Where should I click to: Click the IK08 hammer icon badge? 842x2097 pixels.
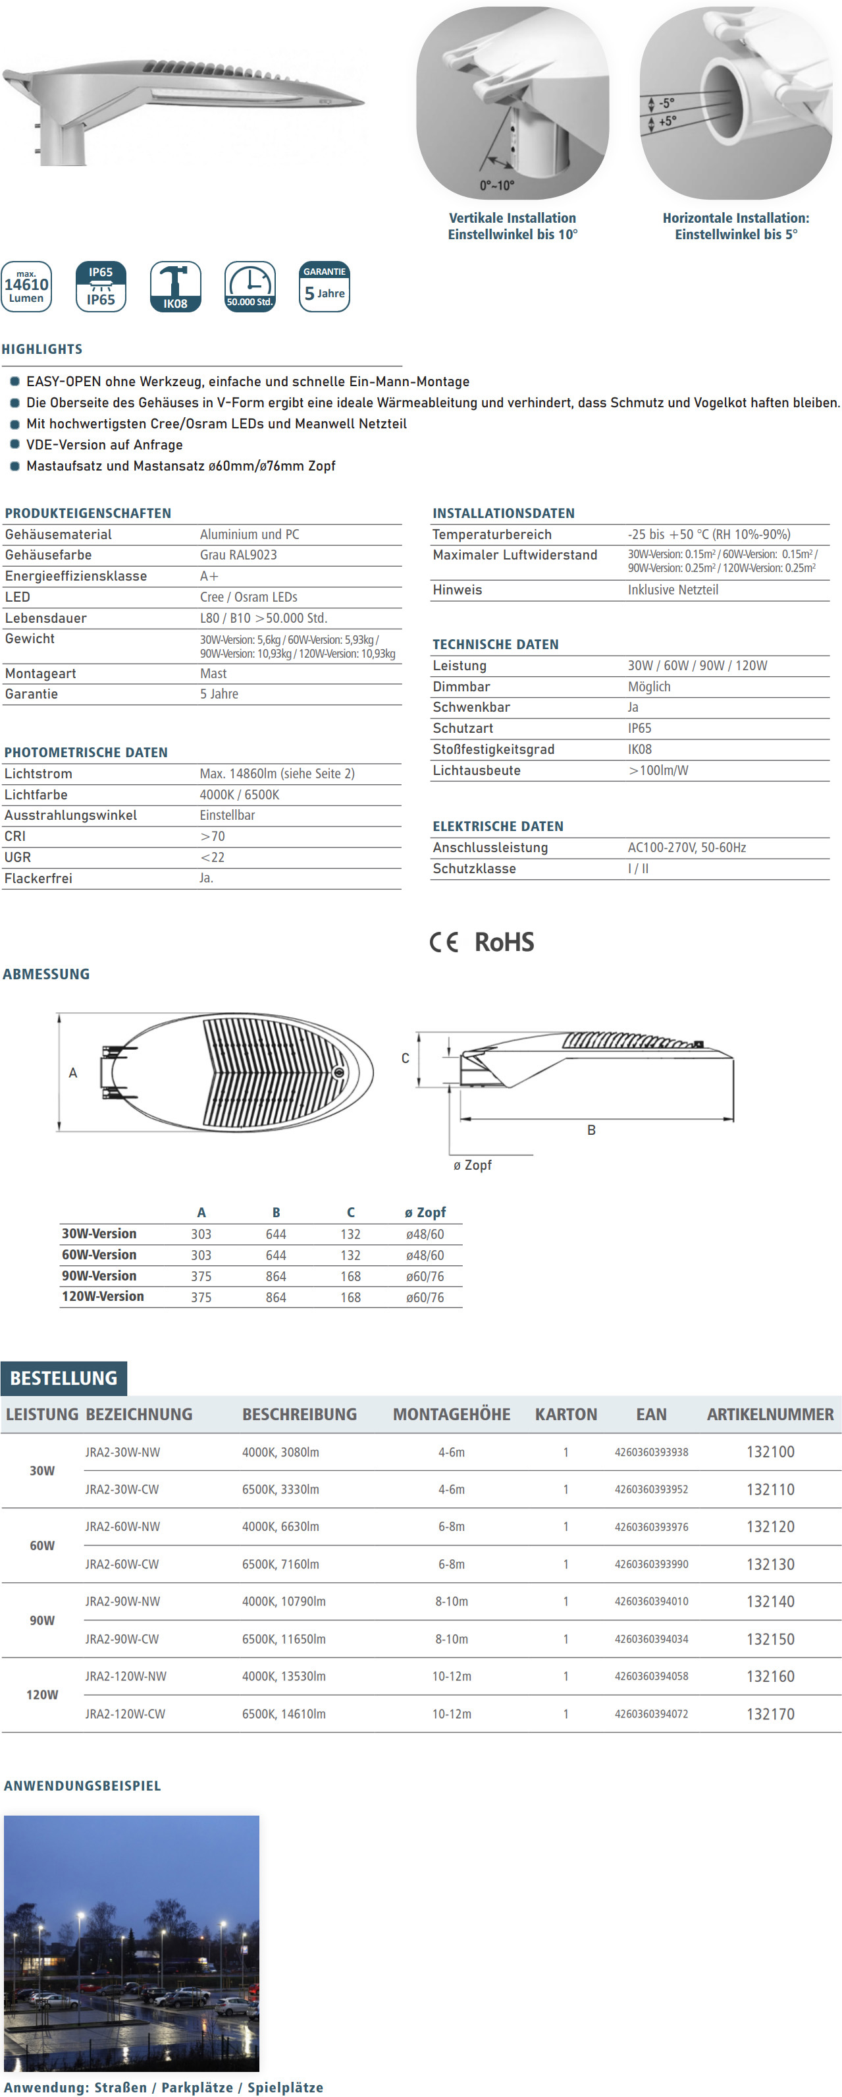(x=175, y=287)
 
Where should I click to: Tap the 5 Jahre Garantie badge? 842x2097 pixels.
(x=325, y=287)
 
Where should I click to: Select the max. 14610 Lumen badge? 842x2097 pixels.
(x=26, y=287)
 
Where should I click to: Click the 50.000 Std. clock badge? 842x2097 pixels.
(x=250, y=287)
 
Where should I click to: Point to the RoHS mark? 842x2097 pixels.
(x=504, y=942)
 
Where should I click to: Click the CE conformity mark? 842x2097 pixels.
(x=444, y=942)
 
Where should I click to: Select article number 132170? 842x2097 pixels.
(x=770, y=1713)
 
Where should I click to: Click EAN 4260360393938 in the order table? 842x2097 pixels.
(x=651, y=1452)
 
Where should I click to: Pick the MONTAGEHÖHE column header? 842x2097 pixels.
(x=452, y=1415)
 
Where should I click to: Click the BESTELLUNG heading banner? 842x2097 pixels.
(x=63, y=1378)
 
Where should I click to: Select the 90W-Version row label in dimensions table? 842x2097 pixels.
(x=99, y=1276)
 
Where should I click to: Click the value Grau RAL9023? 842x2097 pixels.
(x=238, y=555)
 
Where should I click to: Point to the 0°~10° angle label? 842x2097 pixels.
(x=497, y=186)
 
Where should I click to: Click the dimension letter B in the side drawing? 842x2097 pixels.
(x=591, y=1130)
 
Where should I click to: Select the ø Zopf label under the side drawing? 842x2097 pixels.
(x=473, y=1165)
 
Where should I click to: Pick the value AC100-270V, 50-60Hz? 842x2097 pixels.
(x=687, y=847)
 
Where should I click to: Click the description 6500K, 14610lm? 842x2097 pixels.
(x=284, y=1713)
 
